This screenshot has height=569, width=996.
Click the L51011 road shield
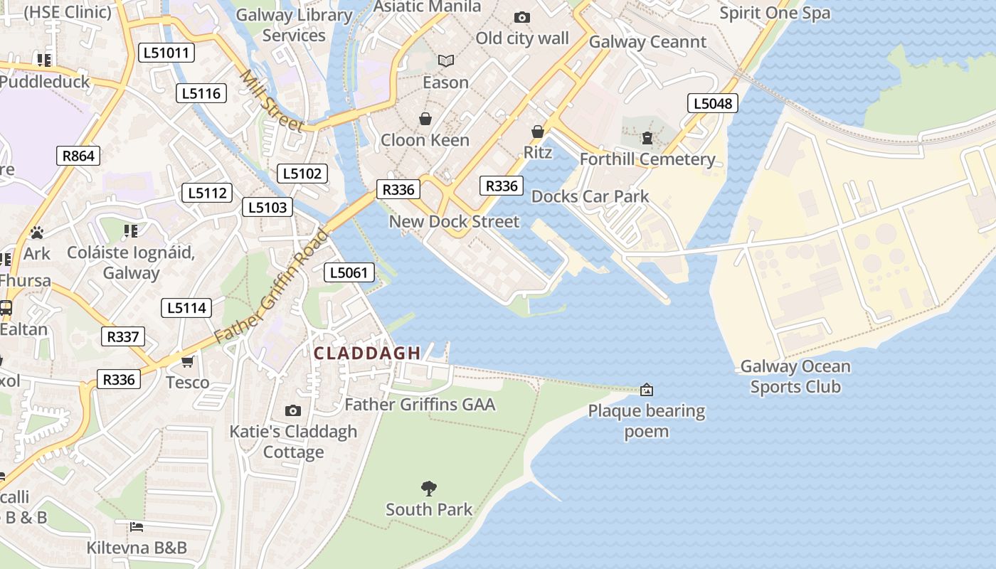[166, 53]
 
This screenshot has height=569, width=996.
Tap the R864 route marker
[78, 156]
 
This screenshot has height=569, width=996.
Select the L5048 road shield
[712, 103]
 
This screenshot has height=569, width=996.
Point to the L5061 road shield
[349, 272]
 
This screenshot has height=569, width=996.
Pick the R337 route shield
[123, 336]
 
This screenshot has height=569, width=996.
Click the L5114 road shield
[186, 307]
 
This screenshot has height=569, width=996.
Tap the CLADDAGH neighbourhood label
[367, 353]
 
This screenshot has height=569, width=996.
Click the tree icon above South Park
[428, 489]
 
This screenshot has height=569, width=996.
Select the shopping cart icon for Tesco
[188, 362]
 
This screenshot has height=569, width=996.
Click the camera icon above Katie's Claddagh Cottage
[292, 410]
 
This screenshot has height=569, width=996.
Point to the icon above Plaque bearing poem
[646, 390]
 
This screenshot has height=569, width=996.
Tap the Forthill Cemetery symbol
[647, 138]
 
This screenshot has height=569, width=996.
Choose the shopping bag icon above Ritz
[538, 132]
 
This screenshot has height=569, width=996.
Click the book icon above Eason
[445, 62]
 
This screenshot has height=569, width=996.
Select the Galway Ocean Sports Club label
[795, 377]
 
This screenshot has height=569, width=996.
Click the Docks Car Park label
[590, 196]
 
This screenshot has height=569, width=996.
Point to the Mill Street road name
[270, 100]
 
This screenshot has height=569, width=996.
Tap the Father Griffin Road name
[271, 287]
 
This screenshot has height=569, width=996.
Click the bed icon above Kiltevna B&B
[137, 527]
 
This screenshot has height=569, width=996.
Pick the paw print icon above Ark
[36, 233]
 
